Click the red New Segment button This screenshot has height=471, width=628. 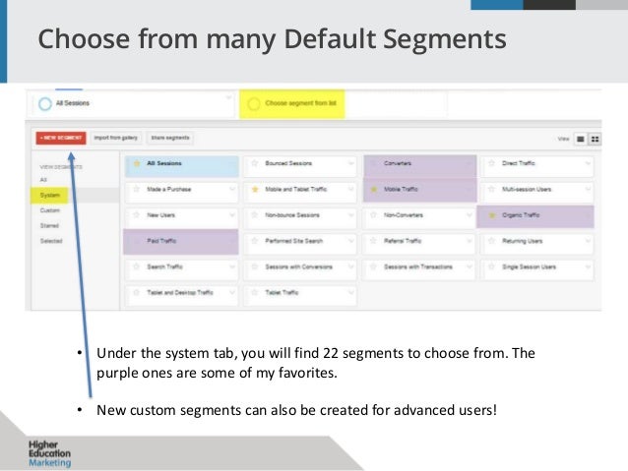pos(59,139)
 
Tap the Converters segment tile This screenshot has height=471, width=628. pos(418,163)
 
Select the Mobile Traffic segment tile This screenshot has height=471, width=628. pos(418,190)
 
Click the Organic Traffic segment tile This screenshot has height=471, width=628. pos(535,215)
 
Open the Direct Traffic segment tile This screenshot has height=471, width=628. pos(535,163)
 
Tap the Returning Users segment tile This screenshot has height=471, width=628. pos(535,241)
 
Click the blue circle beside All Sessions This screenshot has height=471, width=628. pos(45,103)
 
